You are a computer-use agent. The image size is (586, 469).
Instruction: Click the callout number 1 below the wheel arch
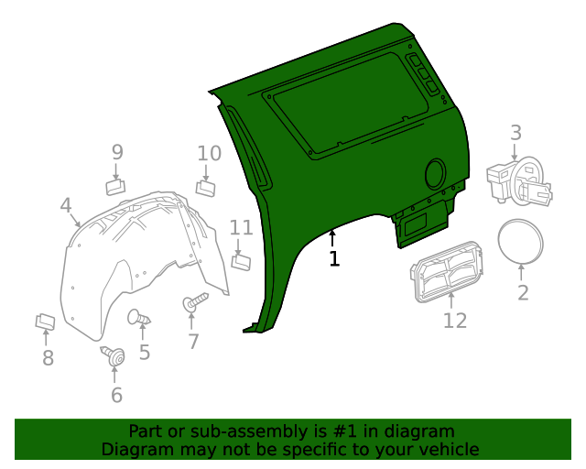(334, 259)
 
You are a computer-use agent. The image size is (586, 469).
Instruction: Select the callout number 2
(523, 293)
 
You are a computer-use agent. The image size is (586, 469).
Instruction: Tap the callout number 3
(515, 133)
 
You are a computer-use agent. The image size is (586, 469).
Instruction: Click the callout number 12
(455, 320)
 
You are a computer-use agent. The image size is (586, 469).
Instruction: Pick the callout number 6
(116, 395)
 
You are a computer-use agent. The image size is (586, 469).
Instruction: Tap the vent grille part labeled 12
(446, 272)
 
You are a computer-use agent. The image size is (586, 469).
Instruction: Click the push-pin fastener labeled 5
(139, 318)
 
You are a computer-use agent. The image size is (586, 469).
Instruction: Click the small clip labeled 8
(45, 322)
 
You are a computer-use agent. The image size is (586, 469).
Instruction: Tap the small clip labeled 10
(206, 188)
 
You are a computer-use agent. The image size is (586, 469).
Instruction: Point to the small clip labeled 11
(241, 263)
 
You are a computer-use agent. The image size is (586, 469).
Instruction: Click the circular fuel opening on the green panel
(435, 171)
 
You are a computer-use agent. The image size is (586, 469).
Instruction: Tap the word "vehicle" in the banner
(448, 449)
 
